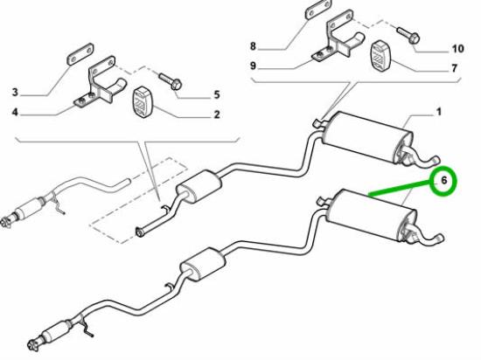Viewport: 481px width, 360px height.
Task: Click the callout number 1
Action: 439,112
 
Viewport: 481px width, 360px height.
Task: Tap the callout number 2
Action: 217,114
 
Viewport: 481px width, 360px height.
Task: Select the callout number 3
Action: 15,93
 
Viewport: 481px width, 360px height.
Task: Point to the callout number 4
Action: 15,113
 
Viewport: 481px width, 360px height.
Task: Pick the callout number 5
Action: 217,94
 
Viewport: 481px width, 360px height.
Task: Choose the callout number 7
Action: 454,68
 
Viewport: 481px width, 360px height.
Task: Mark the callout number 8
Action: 253,46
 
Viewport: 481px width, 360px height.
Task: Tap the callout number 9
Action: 253,66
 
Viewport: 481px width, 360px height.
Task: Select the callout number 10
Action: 457,49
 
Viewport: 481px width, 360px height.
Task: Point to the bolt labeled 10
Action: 408,35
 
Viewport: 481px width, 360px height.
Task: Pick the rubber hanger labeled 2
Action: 141,101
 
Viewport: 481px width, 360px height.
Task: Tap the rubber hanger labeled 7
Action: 380,55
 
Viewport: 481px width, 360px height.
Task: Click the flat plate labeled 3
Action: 80,54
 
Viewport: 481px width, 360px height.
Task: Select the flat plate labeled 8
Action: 318,9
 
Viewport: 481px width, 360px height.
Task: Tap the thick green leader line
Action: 401,188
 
